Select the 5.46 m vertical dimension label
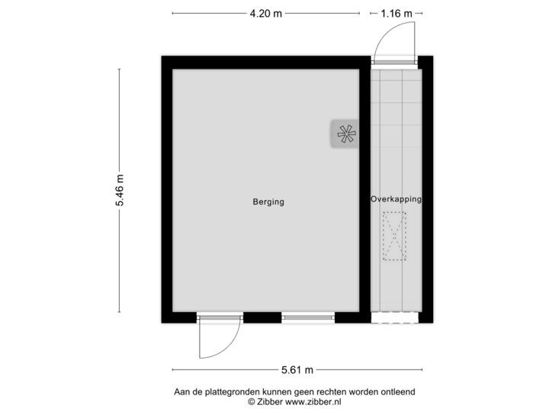coord(120,190)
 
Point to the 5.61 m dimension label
coord(297,371)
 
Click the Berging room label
coord(268,202)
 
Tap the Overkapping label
coord(396,198)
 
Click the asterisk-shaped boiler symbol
coord(345,134)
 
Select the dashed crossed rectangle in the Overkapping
coord(395,237)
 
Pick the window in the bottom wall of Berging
coord(307,318)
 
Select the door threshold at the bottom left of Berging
coord(220,318)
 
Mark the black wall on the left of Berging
coord(165,190)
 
